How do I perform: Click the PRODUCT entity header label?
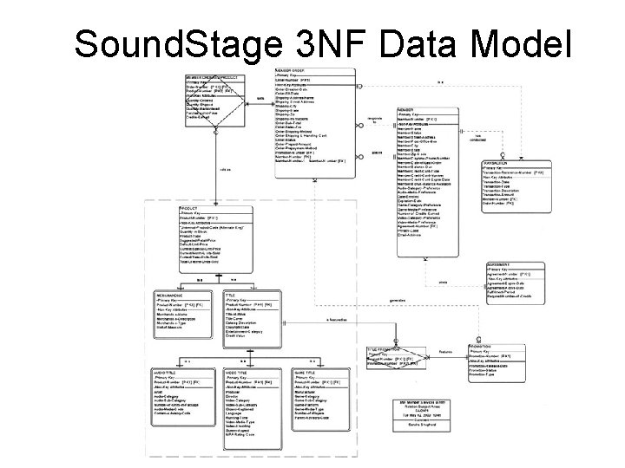coord(190,209)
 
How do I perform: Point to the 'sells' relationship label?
coord(261,98)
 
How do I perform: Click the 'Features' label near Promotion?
coord(445,354)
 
